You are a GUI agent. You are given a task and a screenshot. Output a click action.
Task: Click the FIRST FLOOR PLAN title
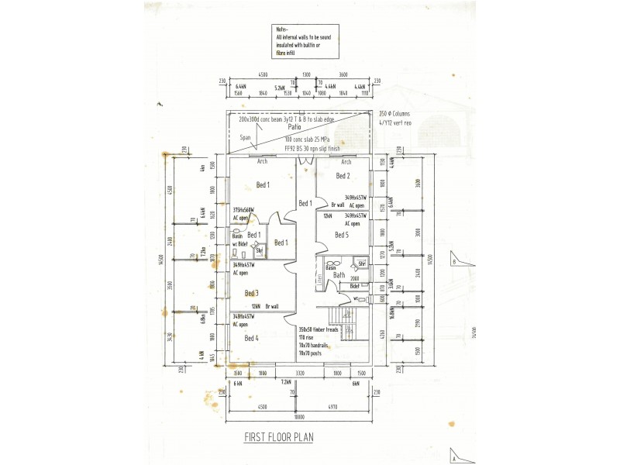coord(280,437)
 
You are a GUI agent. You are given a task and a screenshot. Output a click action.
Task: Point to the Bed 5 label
coord(342,234)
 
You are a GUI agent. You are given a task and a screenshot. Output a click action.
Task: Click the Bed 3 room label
coord(251,293)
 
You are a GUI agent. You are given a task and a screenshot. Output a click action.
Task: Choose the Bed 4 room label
coord(251,338)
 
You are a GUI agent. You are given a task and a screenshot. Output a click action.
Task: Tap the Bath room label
coord(339,274)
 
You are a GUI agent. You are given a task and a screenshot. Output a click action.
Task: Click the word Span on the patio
coord(246,136)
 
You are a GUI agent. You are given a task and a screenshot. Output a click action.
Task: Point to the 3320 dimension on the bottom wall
coord(299,373)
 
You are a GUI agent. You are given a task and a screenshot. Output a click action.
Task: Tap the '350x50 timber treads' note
coord(318,331)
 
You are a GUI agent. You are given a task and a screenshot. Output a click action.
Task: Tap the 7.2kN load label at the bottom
coord(285,382)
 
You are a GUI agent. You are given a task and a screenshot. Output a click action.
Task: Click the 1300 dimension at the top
coord(307,76)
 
